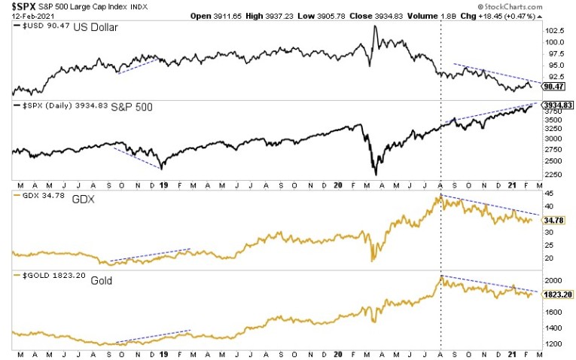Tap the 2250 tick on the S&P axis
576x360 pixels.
pyautogui.click(x=555, y=174)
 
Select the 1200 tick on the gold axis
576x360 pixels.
pyautogui.click(x=555, y=345)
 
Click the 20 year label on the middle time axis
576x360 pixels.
pyautogui.click(x=337, y=185)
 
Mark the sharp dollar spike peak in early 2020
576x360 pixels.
pyautogui.click(x=375, y=26)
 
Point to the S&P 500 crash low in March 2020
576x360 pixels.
pyautogui.click(x=375, y=175)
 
